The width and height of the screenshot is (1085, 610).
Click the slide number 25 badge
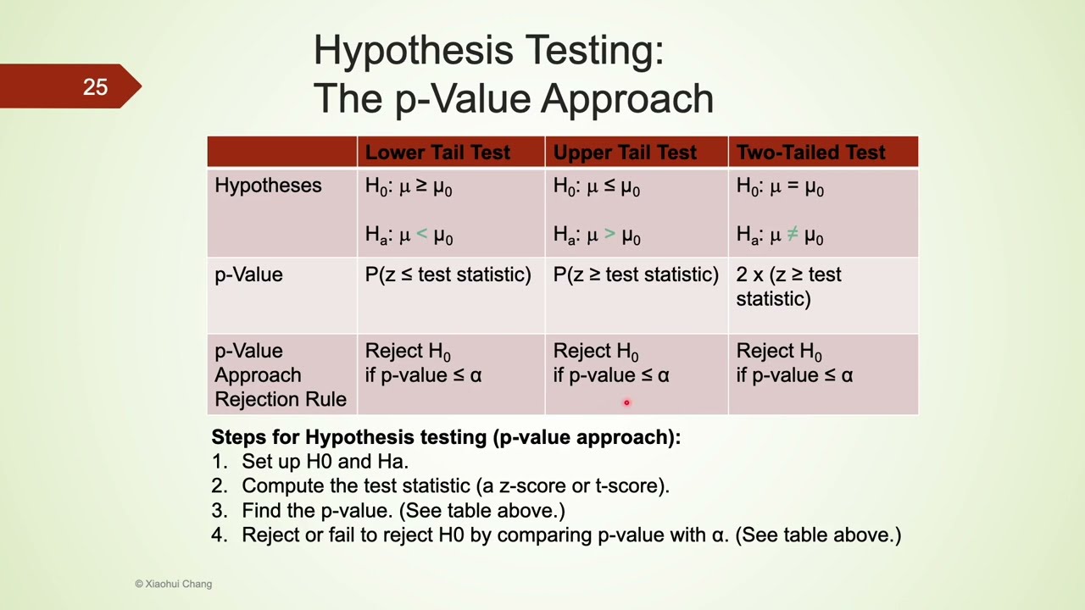[x=95, y=86]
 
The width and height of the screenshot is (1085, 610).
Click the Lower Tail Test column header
[x=437, y=152]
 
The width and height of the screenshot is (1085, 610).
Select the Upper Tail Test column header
[x=625, y=152]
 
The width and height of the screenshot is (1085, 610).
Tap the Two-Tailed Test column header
[x=810, y=152]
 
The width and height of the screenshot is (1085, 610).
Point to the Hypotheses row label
[x=268, y=186]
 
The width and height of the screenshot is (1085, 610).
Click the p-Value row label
[x=248, y=274]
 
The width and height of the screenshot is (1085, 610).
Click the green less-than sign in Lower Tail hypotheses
[x=422, y=234]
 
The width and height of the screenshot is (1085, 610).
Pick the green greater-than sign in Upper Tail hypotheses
[x=610, y=234]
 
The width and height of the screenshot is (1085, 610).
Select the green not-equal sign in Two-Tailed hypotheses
[x=793, y=234]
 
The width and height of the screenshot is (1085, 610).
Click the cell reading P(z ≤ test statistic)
[x=448, y=274]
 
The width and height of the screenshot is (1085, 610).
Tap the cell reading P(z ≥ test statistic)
[x=636, y=274]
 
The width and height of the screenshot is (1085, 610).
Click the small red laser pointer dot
[x=626, y=403]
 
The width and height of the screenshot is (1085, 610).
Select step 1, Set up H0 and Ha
[x=325, y=462]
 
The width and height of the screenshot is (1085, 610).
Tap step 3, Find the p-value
[x=403, y=511]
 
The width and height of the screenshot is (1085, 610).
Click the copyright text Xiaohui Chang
[x=174, y=584]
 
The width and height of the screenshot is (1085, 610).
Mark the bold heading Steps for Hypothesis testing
[x=446, y=437]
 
